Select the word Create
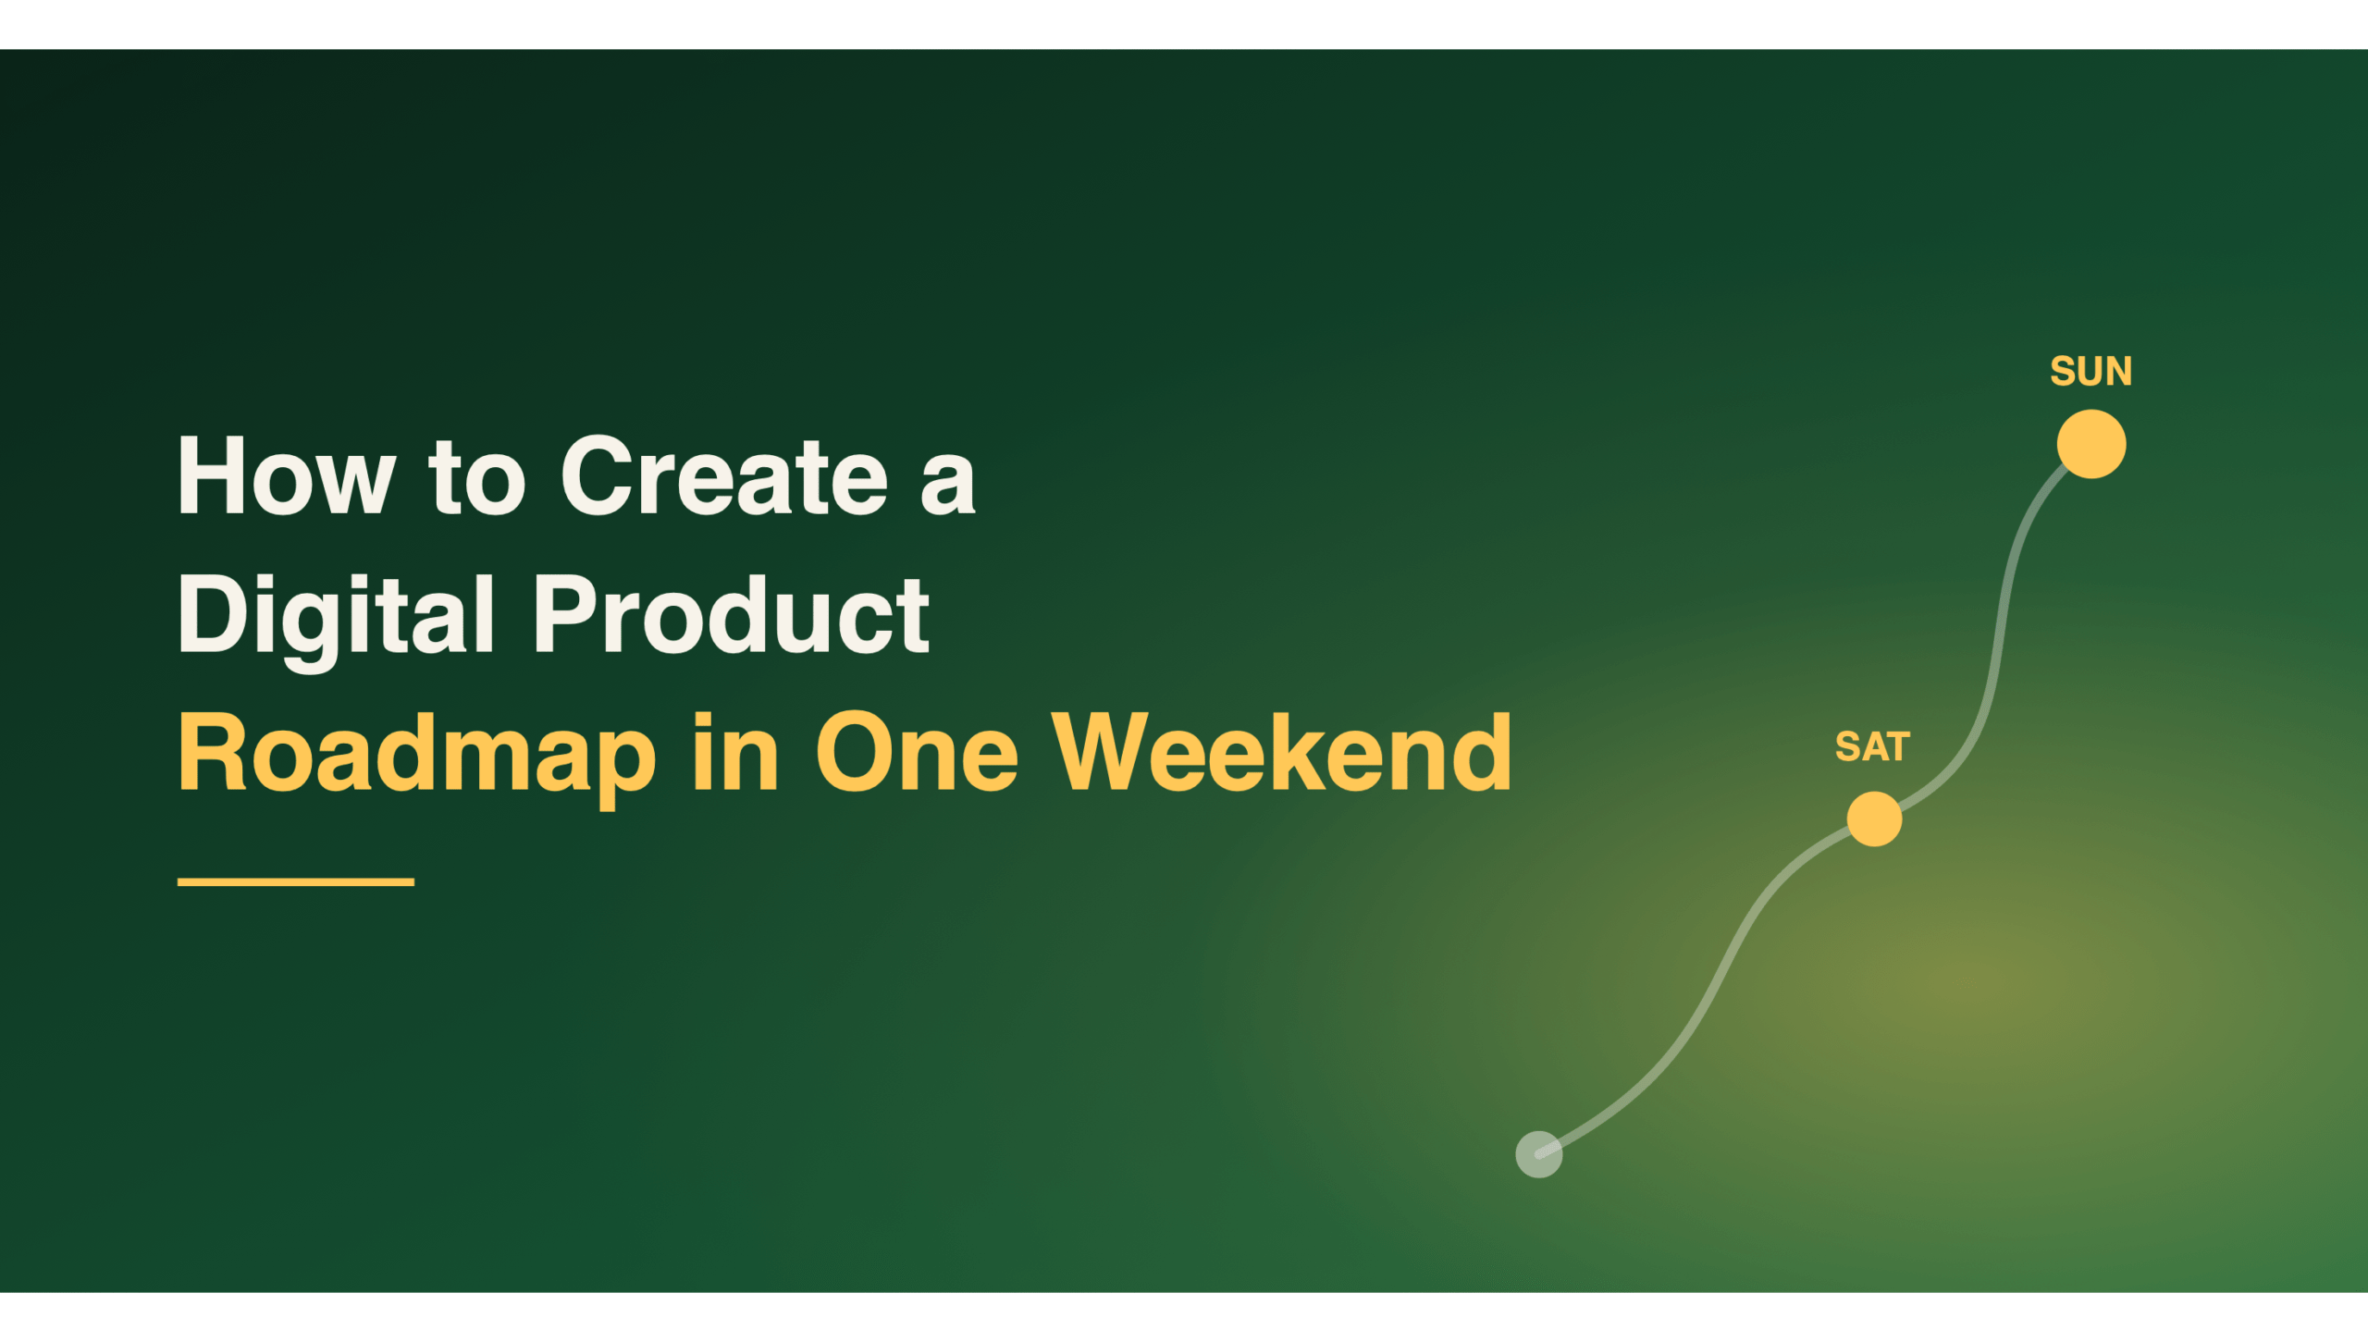pos(724,475)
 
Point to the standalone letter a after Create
pos(948,486)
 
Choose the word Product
pos(731,614)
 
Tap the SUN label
pos(2090,372)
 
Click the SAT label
pos(1872,747)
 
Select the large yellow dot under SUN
pos(2091,444)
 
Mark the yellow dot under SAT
pos(1874,819)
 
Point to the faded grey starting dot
pos(1539,1154)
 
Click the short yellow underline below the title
pos(296,882)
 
